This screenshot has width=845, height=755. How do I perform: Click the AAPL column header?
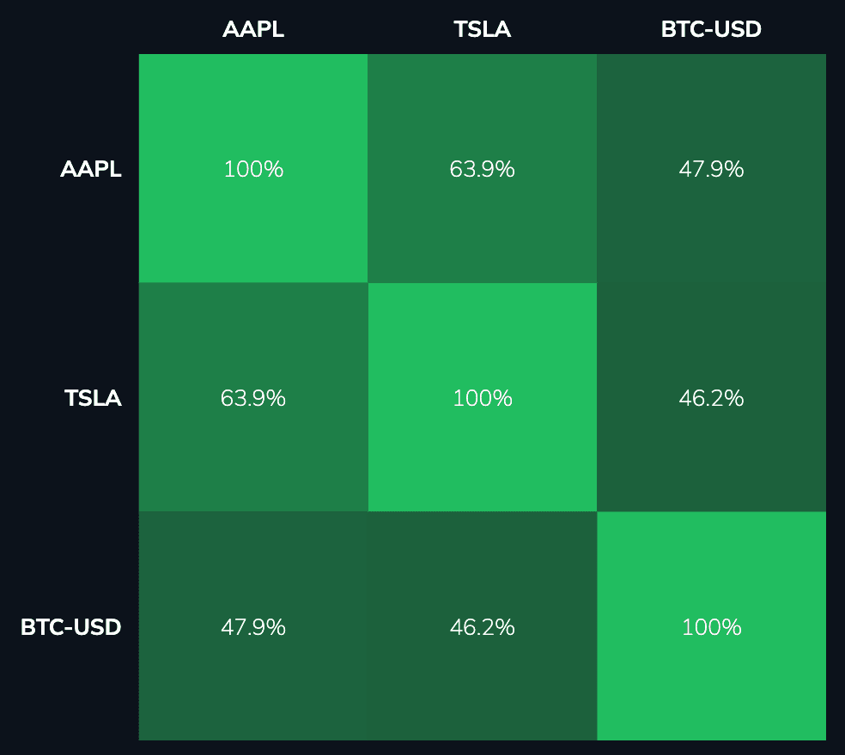point(252,29)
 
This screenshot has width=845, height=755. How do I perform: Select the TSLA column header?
point(482,29)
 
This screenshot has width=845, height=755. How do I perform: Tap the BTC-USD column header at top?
point(711,29)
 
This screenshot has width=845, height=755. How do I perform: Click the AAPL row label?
point(91,169)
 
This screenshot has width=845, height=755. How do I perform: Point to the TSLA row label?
point(93,398)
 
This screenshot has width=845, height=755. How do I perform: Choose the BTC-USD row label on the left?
point(70,627)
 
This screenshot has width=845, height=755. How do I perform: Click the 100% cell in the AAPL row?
point(253,169)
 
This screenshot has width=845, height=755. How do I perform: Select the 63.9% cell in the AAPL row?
point(482,169)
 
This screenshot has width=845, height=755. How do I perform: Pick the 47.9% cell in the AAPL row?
point(711,169)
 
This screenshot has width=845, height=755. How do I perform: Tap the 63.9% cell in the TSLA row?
point(253,398)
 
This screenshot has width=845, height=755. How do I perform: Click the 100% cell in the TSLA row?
point(482,398)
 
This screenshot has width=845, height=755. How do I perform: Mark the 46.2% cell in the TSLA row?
point(711,398)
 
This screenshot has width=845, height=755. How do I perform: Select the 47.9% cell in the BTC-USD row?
point(253,627)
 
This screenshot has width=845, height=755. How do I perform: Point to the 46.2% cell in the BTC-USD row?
point(482,627)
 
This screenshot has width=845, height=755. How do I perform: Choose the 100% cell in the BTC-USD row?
point(711,627)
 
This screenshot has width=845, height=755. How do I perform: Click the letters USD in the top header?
point(738,29)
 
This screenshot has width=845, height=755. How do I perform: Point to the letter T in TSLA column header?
point(460,29)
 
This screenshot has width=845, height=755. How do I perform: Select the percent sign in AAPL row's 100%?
point(274,169)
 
